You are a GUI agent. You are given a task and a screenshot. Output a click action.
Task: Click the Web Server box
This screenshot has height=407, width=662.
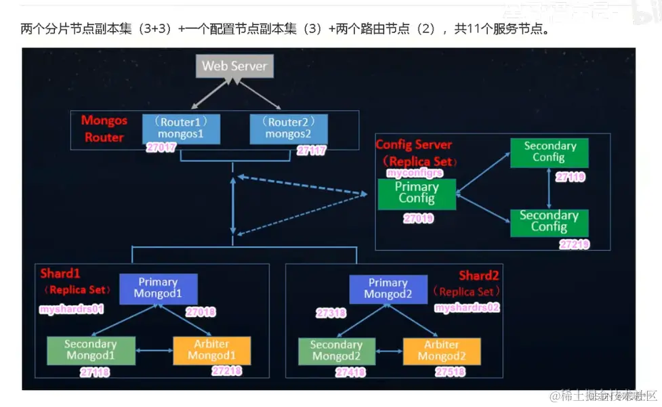click(x=234, y=66)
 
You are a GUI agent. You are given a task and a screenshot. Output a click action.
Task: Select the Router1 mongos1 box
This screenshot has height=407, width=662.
click(x=181, y=128)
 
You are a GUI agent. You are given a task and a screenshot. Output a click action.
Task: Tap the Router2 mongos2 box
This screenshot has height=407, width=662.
click(x=289, y=128)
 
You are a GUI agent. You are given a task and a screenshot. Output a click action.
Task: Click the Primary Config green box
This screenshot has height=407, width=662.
click(x=417, y=193)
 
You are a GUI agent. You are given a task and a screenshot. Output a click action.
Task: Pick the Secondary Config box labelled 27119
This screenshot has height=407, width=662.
click(x=550, y=152)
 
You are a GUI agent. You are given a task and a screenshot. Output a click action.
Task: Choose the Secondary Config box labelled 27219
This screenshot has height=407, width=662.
click(x=549, y=221)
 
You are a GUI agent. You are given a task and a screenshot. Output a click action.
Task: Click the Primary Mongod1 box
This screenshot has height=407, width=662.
click(x=158, y=288)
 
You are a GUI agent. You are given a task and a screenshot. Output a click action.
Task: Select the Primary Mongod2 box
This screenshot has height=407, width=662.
click(x=388, y=288)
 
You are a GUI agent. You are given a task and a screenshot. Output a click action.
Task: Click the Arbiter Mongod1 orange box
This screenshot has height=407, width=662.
click(x=211, y=350)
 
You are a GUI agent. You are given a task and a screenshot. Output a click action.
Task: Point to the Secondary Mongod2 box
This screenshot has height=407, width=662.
click(x=335, y=350)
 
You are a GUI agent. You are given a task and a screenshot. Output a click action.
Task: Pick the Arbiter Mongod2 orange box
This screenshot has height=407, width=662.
click(x=441, y=350)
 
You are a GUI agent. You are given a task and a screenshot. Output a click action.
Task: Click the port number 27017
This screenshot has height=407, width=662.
click(x=161, y=148)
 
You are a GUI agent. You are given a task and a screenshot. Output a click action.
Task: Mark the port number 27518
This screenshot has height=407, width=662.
click(x=450, y=372)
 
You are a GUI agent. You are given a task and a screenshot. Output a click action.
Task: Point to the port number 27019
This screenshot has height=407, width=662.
click(x=418, y=219)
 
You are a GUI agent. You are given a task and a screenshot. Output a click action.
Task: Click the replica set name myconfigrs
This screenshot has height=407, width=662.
click(x=413, y=173)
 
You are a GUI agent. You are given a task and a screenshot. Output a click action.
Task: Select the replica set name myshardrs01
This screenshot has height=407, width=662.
click(x=71, y=308)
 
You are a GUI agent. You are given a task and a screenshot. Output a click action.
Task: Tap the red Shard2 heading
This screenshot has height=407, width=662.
click(x=478, y=276)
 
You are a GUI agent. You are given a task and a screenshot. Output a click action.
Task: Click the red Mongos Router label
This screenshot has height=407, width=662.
click(x=104, y=129)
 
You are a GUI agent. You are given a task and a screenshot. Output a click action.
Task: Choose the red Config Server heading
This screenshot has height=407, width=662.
click(x=414, y=145)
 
